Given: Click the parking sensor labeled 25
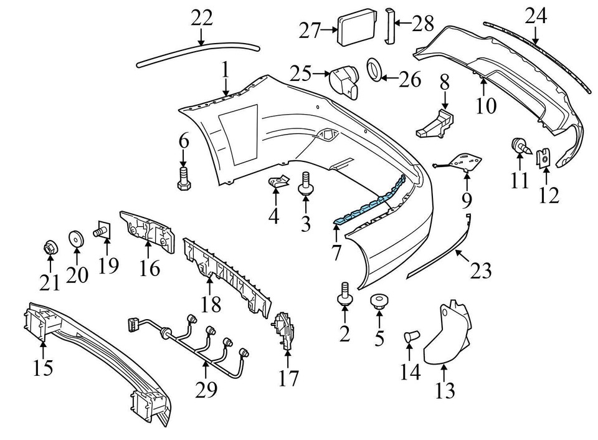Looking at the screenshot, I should click(345, 80).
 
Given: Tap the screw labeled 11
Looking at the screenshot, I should click(520, 147).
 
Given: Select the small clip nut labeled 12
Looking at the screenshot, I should click(544, 159).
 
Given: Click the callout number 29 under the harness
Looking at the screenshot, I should click(206, 390).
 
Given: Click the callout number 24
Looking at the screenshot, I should click(535, 15).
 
